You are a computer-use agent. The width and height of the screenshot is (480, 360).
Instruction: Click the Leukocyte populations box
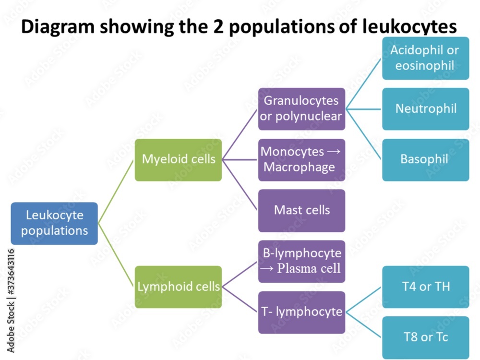[54, 223]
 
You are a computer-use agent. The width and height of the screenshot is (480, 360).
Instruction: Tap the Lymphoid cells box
[178, 287]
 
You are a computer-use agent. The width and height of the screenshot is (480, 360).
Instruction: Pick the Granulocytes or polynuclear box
[301, 109]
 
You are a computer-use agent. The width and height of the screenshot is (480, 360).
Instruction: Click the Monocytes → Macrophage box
[301, 160]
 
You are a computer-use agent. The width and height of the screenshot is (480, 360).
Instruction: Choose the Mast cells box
[301, 210]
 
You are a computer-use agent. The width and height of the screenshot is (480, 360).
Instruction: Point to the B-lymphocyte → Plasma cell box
[301, 261]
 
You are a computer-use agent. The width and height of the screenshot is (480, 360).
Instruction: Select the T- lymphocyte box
[301, 312]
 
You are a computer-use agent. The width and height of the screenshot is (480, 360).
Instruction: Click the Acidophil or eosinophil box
[425, 58]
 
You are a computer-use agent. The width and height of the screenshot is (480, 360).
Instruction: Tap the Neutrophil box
[425, 109]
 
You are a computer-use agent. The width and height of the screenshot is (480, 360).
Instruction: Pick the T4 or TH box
[425, 287]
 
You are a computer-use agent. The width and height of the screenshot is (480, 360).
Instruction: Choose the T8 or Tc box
[425, 337]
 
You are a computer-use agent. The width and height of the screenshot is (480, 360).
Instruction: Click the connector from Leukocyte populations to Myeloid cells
[116, 192]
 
